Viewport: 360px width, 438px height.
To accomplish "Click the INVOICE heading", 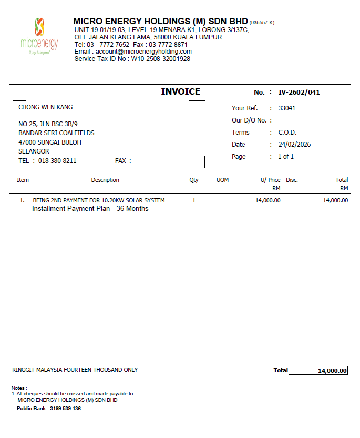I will click(x=180, y=92).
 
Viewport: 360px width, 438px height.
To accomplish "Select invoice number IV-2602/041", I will click(x=299, y=93).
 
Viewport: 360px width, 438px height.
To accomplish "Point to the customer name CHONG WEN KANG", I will click(x=45, y=107).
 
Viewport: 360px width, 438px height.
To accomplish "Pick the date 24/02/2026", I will click(x=294, y=145).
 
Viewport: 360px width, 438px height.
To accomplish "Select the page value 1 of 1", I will click(x=286, y=157).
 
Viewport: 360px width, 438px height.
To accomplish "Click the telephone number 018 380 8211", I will click(x=57, y=161).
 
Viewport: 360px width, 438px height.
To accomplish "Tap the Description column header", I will click(x=105, y=180).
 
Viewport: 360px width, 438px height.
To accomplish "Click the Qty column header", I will click(x=194, y=180).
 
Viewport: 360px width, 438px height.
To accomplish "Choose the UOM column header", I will click(x=222, y=180).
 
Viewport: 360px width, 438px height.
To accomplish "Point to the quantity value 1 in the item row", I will click(x=194, y=200).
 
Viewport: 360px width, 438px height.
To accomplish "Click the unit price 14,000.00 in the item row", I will click(x=268, y=200).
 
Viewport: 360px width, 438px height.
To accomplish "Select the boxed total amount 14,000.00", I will click(x=332, y=371).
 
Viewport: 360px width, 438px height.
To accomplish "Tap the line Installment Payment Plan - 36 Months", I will click(x=90, y=209).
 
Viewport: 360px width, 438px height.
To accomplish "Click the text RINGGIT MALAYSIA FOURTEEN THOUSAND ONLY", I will click(x=75, y=370).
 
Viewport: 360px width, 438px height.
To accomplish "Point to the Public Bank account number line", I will click(x=49, y=409).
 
